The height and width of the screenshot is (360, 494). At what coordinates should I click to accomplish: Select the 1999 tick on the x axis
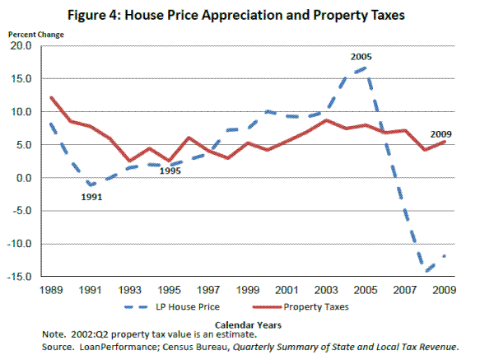[x=260, y=291]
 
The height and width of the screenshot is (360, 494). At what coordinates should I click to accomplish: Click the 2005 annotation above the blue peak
[x=361, y=57]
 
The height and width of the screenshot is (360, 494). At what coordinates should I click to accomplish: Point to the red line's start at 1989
[x=51, y=97]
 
